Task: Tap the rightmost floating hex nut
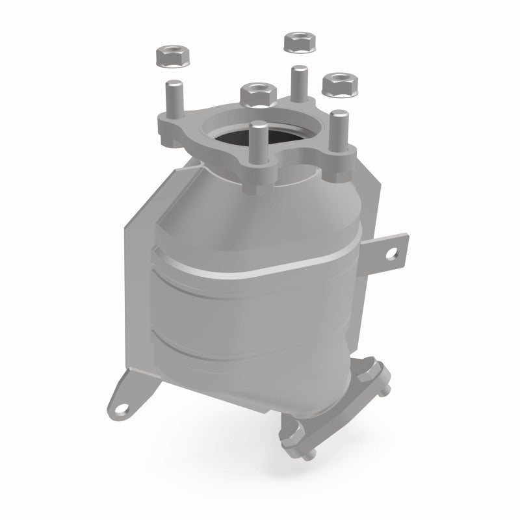coord(336,83)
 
